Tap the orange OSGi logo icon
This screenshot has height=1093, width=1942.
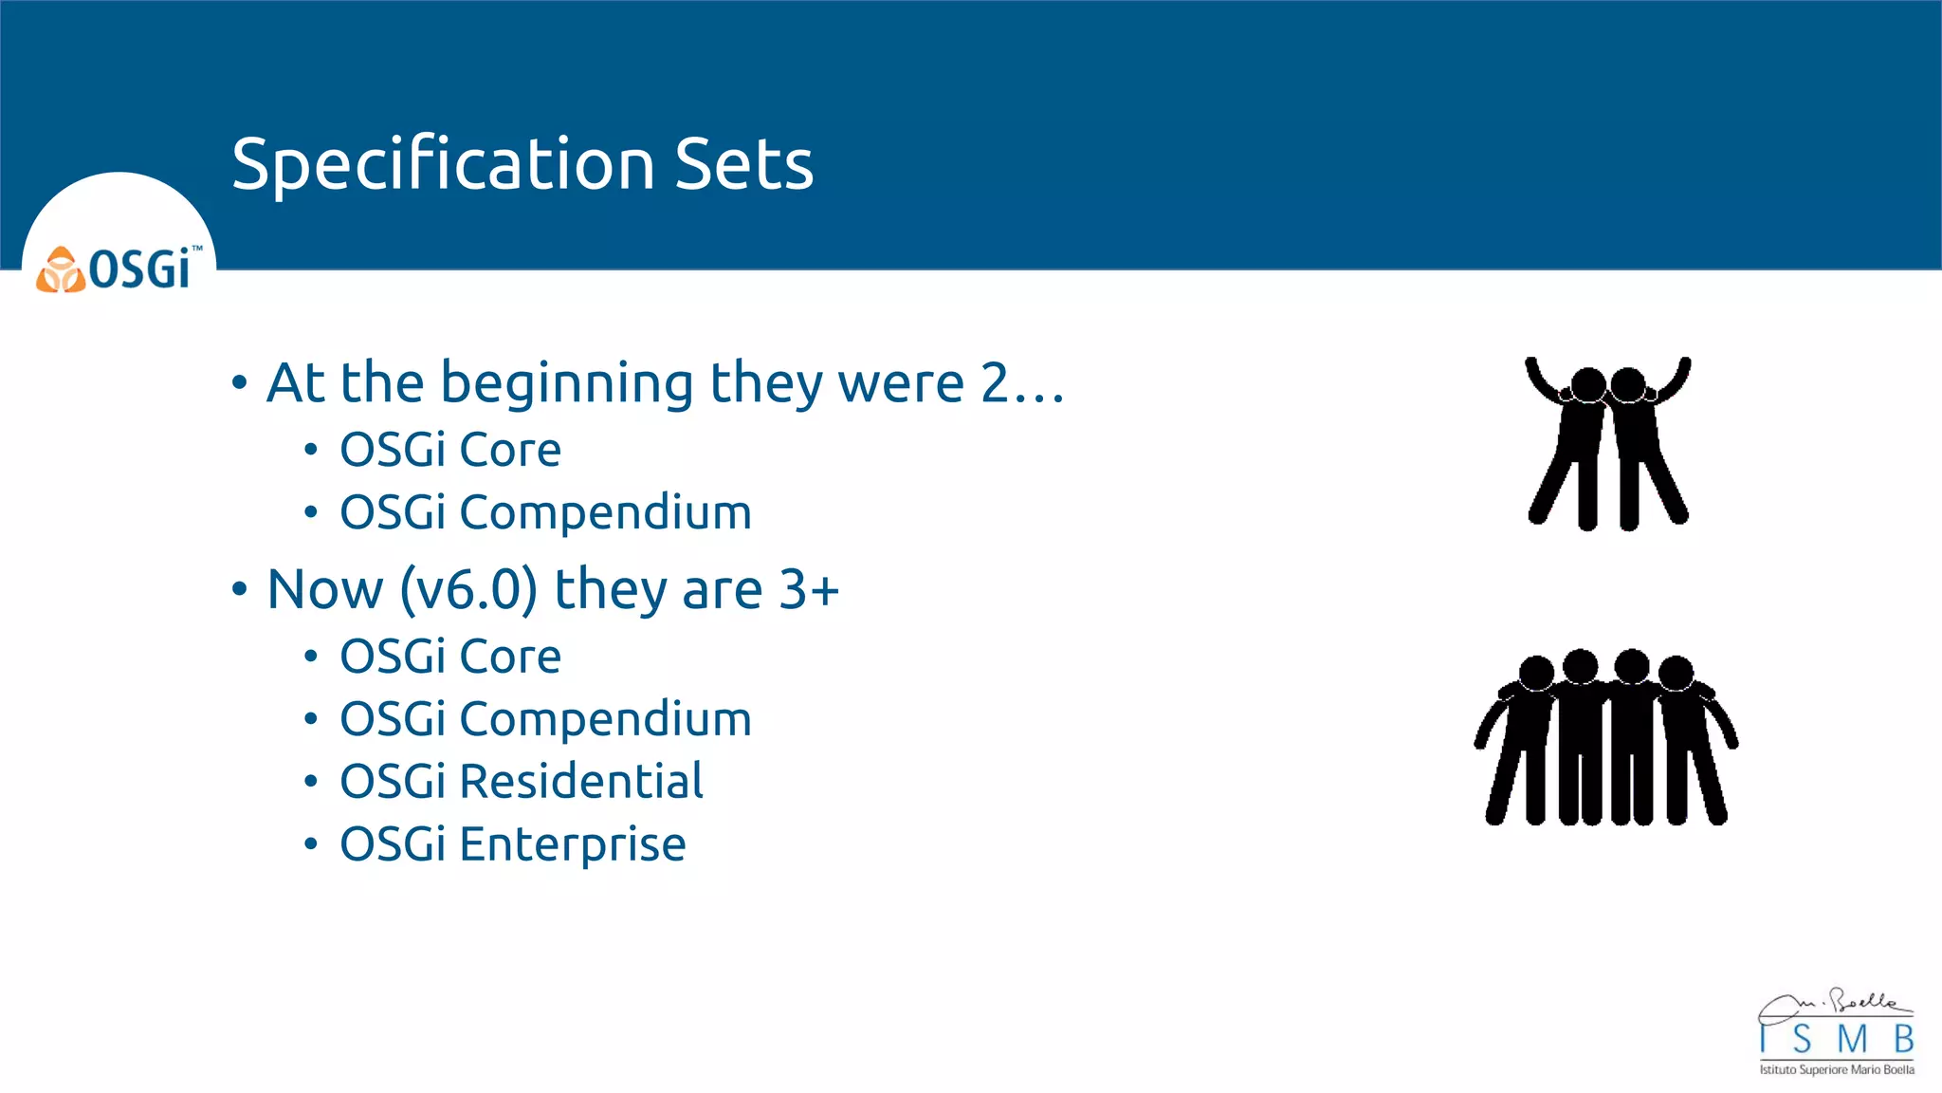[x=60, y=270]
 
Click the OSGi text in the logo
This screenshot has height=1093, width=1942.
[x=140, y=269]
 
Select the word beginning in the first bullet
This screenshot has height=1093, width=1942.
[x=566, y=383]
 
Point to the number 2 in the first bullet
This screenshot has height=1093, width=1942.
[x=995, y=383]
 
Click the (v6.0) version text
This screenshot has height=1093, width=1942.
[x=468, y=589]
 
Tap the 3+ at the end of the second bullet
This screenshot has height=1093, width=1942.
[x=809, y=589]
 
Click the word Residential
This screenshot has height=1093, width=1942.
[x=581, y=782]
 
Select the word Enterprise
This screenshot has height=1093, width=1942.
[x=573, y=844]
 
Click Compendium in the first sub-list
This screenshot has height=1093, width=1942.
[x=606, y=513]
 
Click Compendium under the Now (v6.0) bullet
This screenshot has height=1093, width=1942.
[x=606, y=719]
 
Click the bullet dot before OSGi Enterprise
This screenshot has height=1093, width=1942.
[x=311, y=843]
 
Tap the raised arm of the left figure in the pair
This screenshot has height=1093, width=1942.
[x=1539, y=380]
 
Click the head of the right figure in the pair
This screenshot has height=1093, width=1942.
[x=1628, y=384]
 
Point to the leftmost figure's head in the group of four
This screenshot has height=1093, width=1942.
[x=1536, y=673]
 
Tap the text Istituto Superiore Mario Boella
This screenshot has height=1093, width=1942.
[x=1837, y=1070]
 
